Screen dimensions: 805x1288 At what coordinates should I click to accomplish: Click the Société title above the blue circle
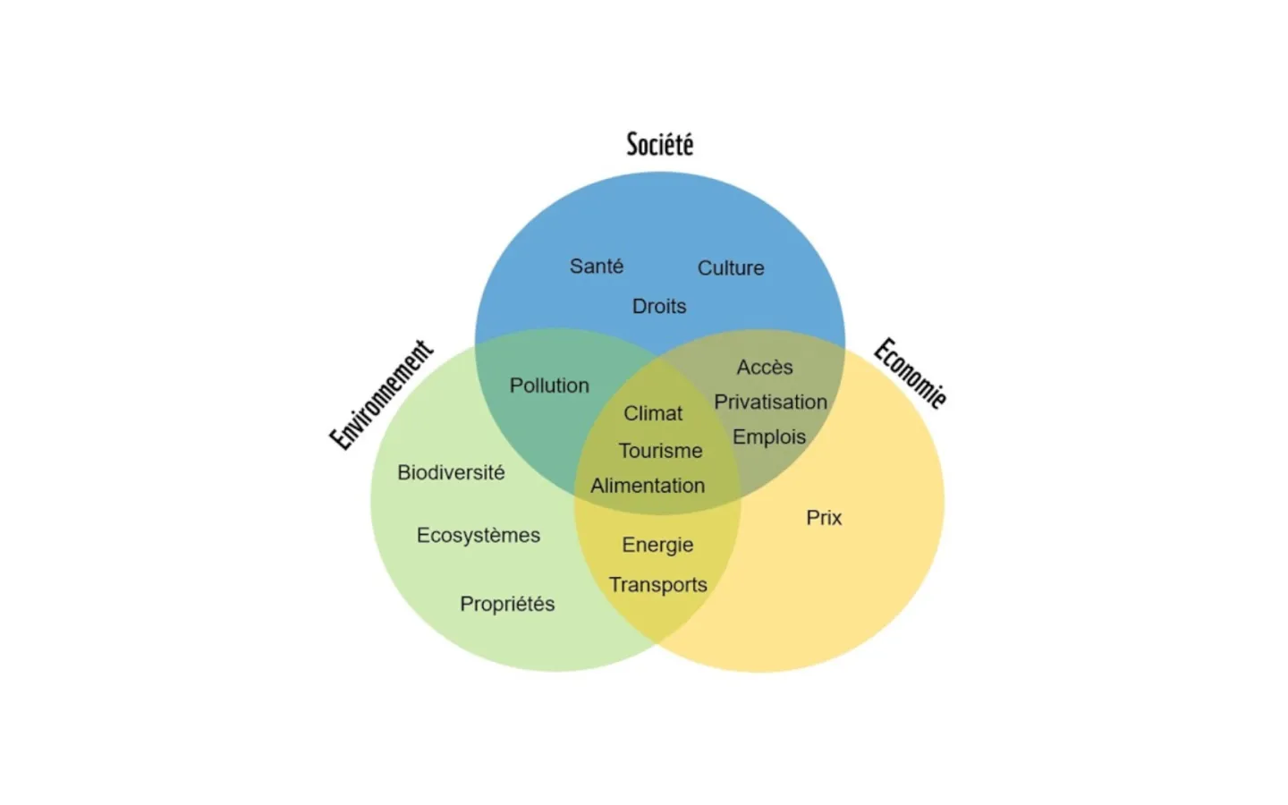tap(659, 144)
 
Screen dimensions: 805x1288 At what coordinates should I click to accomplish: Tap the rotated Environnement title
tap(382, 394)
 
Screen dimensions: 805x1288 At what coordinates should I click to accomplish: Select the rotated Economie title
tap(910, 373)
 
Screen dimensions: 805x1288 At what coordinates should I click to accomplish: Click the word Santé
tap(597, 267)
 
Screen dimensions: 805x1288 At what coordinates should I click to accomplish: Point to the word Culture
tap(731, 268)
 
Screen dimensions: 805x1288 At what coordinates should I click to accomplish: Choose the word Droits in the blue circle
tap(659, 307)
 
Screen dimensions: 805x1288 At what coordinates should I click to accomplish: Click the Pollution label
tap(549, 386)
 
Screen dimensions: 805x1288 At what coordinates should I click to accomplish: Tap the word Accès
tap(765, 367)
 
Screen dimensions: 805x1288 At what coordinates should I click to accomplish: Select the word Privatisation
tap(770, 402)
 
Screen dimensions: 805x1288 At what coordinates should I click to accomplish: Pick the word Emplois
tap(769, 437)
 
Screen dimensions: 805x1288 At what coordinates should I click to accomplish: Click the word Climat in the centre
tap(653, 413)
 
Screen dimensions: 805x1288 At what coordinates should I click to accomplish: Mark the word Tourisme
tap(660, 451)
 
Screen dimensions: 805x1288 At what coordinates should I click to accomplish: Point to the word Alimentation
tap(648, 486)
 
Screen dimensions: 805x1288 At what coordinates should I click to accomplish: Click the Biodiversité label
tap(451, 472)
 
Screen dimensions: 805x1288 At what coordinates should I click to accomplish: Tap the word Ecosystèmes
tap(479, 535)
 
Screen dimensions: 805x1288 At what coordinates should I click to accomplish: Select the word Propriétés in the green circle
tap(507, 604)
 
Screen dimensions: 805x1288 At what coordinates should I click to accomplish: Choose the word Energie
tap(657, 545)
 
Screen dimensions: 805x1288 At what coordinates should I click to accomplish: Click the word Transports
tap(658, 585)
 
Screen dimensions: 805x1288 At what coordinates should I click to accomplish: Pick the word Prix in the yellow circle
tap(824, 518)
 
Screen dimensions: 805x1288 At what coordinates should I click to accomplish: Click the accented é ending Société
tap(687, 144)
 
